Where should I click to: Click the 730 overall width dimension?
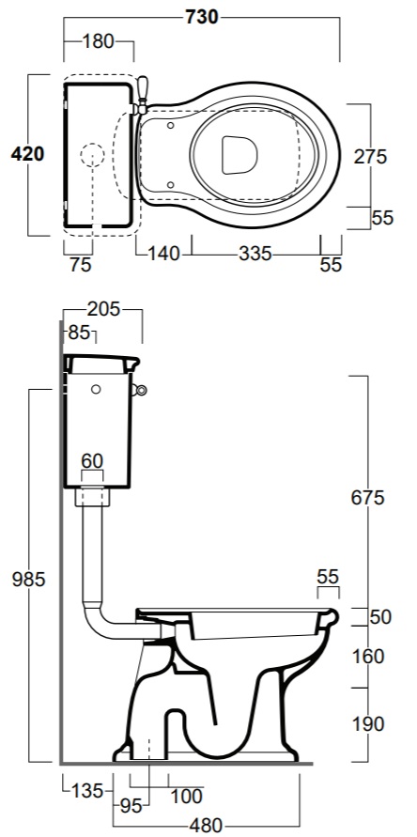pyautogui.click(x=202, y=17)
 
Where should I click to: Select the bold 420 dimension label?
pyautogui.click(x=28, y=154)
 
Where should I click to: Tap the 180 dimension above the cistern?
pyautogui.click(x=99, y=41)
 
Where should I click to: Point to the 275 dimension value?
pyautogui.click(x=370, y=157)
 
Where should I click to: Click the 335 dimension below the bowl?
pyautogui.click(x=255, y=254)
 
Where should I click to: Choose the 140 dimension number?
pyautogui.click(x=164, y=254)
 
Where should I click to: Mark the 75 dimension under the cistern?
pyautogui.click(x=81, y=265)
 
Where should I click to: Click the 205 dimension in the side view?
pyautogui.click(x=104, y=309)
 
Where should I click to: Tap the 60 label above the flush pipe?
pyautogui.click(x=92, y=460)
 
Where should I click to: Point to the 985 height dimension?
pyautogui.click(x=29, y=580)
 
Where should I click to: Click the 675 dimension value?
pyautogui.click(x=368, y=498)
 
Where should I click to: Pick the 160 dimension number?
pyautogui.click(x=368, y=657)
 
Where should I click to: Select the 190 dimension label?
pyautogui.click(x=368, y=724)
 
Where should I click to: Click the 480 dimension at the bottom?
pyautogui.click(x=206, y=826)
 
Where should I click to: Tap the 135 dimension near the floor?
pyautogui.click(x=87, y=791)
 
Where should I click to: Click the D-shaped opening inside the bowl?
pyautogui.click(x=239, y=155)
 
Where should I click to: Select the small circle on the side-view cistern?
pyautogui.click(x=96, y=390)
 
